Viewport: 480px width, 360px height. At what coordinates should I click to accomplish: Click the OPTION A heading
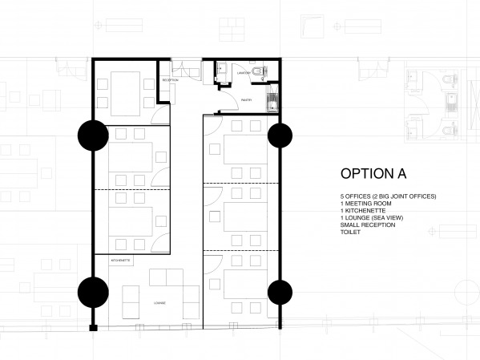click(373, 174)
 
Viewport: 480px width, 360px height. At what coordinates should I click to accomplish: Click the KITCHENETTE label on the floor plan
click(111, 261)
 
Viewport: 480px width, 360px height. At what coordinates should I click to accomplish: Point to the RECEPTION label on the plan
click(170, 81)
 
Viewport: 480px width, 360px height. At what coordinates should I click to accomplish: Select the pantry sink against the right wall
click(272, 102)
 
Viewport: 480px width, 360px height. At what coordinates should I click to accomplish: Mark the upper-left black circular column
click(92, 136)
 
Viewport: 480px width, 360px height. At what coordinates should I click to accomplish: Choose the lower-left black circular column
click(92, 292)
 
